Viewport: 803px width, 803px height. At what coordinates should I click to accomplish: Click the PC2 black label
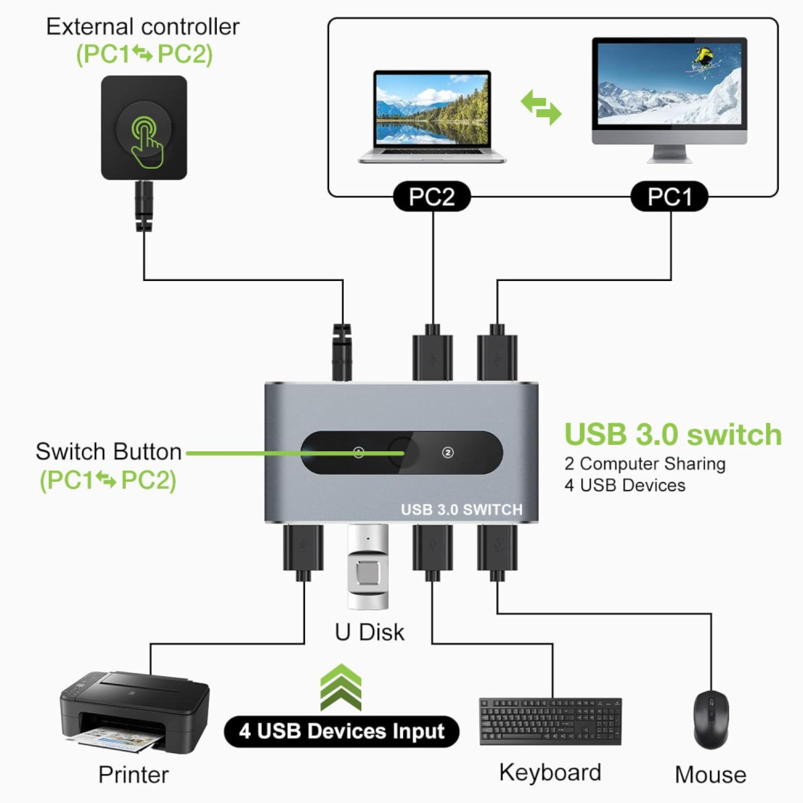(x=432, y=196)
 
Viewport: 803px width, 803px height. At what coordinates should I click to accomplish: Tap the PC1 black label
(x=669, y=196)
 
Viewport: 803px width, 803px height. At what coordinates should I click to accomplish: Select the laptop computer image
(x=432, y=117)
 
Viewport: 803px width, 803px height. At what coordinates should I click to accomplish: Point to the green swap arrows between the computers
(x=541, y=107)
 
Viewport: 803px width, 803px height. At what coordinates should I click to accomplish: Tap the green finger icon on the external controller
(x=146, y=142)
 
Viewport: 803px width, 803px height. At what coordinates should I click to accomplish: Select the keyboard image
(x=550, y=721)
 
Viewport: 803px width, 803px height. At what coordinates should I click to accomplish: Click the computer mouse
(x=711, y=719)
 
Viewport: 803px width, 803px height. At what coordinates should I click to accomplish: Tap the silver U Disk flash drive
(x=368, y=567)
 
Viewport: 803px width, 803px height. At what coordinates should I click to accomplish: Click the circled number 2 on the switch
(x=448, y=453)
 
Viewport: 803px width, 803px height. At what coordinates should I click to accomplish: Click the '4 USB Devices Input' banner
(x=341, y=731)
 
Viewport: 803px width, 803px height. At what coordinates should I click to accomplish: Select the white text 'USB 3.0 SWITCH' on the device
(x=461, y=509)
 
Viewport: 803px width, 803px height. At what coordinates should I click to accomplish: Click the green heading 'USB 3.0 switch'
(x=673, y=435)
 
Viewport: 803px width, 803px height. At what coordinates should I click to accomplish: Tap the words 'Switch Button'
(x=109, y=452)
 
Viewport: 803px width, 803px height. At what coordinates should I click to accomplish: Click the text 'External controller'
(x=143, y=27)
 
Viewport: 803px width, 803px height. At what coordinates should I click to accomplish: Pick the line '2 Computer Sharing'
(x=644, y=463)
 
